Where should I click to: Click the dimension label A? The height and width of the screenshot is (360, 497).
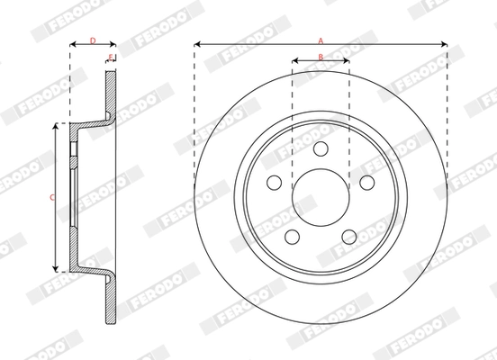(320, 39)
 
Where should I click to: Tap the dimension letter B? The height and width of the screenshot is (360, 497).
(321, 57)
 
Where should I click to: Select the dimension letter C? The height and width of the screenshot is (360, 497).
(52, 197)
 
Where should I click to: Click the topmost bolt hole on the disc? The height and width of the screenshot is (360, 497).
(321, 148)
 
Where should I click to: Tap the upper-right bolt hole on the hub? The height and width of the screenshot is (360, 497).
(366, 182)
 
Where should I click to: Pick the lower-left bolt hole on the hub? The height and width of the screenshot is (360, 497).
(292, 237)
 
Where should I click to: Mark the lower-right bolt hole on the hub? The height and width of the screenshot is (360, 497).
(349, 237)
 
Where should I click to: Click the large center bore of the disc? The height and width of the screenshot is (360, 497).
(321, 197)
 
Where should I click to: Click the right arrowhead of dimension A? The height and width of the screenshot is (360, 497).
(445, 43)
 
